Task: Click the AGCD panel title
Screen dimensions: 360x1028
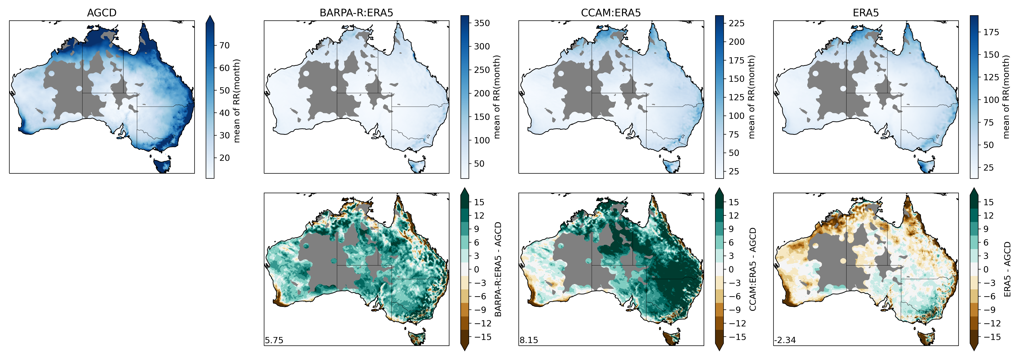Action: (x=102, y=13)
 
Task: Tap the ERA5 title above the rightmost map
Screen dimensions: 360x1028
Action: (x=866, y=13)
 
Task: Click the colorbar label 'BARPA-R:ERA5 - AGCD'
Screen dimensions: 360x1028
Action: (x=498, y=269)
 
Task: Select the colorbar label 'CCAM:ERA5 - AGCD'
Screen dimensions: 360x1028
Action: (x=753, y=269)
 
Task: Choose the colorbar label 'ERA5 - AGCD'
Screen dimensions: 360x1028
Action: (x=1007, y=269)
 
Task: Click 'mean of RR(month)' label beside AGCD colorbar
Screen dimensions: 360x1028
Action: (x=237, y=101)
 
